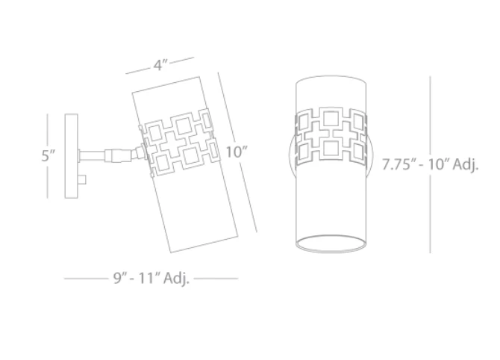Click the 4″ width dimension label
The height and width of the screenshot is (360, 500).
point(160,65)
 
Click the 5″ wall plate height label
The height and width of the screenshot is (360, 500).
point(49,155)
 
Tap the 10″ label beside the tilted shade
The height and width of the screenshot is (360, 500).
point(237,152)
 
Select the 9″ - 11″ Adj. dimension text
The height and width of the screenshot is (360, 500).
point(151,278)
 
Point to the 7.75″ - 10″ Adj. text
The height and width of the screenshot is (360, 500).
point(430,164)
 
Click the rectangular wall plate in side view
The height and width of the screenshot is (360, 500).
point(71,156)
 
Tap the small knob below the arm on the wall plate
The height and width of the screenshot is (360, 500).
point(82,180)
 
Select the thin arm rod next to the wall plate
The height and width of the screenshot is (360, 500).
point(92,156)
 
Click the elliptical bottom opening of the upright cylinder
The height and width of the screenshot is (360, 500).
point(331,243)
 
